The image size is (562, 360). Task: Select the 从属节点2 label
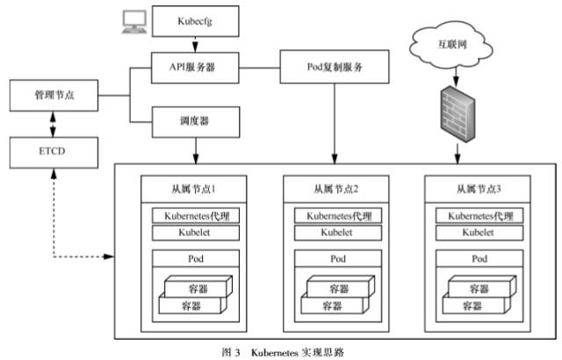(x=334, y=188)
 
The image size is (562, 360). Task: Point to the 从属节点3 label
(x=475, y=188)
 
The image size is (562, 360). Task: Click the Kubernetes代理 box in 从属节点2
(x=334, y=216)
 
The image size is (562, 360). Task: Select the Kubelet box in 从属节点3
(x=475, y=233)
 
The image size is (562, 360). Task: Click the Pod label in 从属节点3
(x=475, y=259)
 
